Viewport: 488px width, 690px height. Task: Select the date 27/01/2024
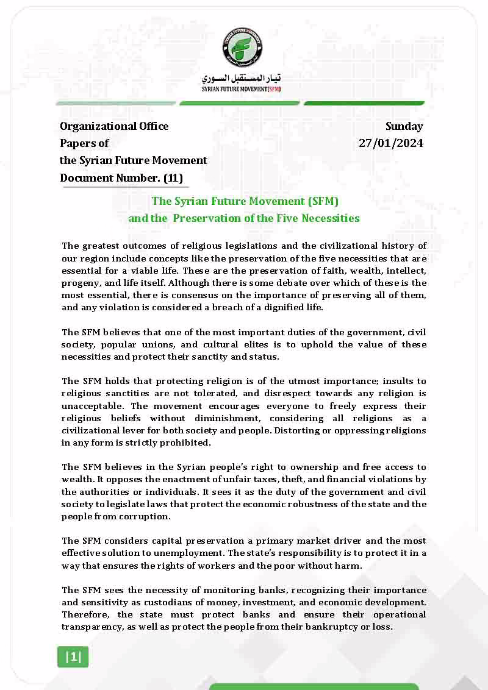pos(390,143)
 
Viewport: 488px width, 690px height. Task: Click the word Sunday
pos(404,126)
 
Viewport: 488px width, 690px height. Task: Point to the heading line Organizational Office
pos(114,126)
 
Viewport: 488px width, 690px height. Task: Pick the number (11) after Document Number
pos(173,178)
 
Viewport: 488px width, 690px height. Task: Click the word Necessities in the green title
pos(327,218)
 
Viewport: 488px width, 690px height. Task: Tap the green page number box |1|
pos(73,656)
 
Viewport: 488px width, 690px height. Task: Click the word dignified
pos(265,307)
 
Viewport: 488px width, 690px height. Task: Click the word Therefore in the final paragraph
pos(85,614)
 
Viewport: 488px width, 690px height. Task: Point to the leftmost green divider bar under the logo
pos(115,104)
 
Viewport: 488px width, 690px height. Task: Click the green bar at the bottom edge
pos(314,686)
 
